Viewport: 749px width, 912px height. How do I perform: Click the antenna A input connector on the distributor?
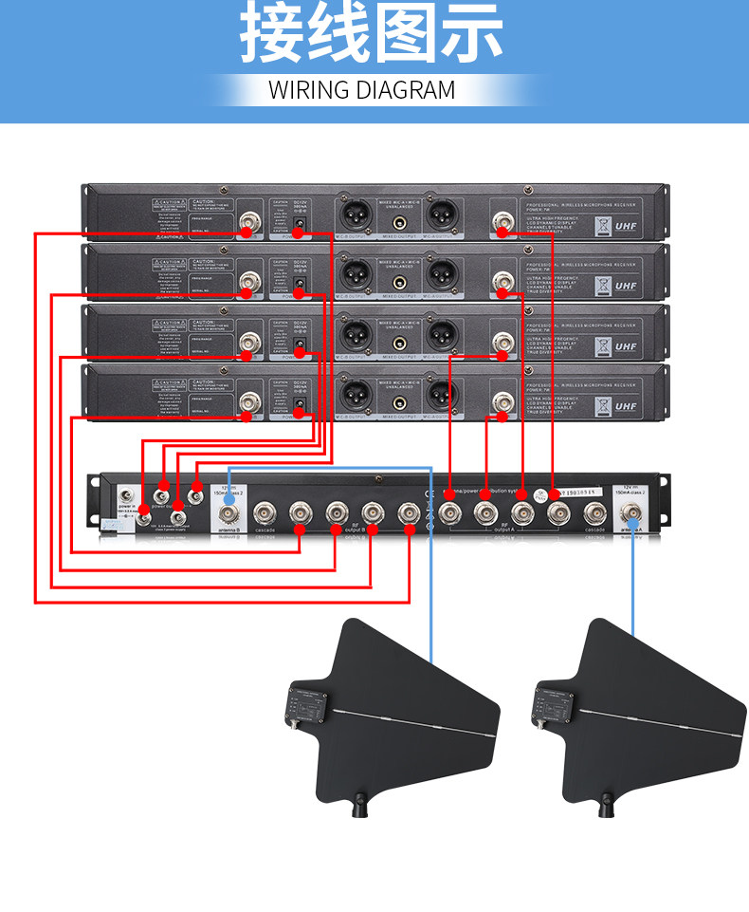631,515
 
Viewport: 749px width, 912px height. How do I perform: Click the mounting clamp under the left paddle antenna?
360,808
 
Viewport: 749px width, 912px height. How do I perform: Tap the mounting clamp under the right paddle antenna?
603,808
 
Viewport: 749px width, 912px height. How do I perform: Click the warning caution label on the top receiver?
167,205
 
